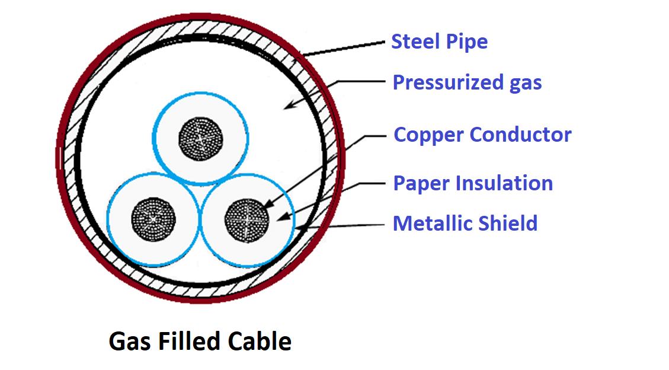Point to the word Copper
(x=428, y=135)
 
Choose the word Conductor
(x=520, y=135)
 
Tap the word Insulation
(x=504, y=183)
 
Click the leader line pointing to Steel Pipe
(x=344, y=49)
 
